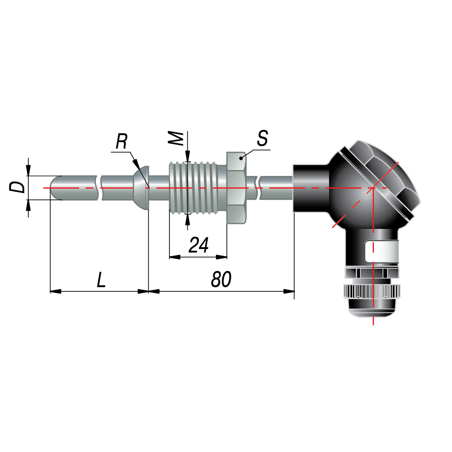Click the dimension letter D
(17, 187)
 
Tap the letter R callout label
(121, 141)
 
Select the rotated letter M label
(176, 138)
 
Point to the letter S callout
(262, 138)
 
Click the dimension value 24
(198, 245)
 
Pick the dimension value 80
(221, 279)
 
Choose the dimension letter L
(101, 279)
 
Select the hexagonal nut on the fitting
(236, 188)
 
